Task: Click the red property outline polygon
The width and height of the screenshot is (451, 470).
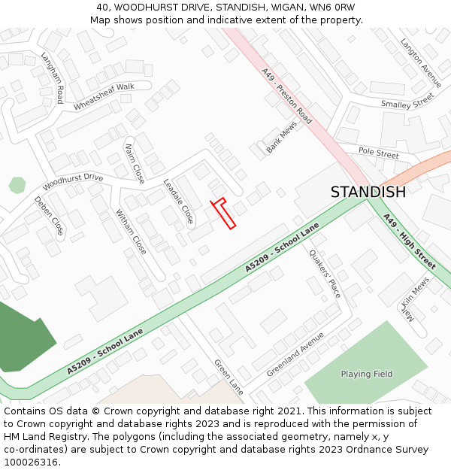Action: click(x=224, y=214)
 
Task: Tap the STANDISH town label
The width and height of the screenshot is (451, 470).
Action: click(x=368, y=192)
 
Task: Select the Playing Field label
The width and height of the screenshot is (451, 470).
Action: click(x=366, y=374)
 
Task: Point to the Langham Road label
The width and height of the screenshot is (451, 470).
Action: click(x=53, y=77)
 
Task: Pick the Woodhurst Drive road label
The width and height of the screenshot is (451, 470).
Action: click(x=72, y=181)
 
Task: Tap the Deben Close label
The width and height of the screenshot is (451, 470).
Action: click(x=49, y=216)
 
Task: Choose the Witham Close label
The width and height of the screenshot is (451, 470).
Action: click(x=131, y=231)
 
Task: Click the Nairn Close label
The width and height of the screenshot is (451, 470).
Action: click(x=135, y=163)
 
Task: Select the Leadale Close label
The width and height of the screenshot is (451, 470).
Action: click(x=179, y=202)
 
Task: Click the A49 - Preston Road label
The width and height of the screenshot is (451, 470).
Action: click(x=287, y=96)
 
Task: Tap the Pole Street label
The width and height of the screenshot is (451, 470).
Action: click(x=378, y=153)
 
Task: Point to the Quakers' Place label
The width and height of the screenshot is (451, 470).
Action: click(x=325, y=273)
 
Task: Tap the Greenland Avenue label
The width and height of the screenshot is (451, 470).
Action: click(x=295, y=359)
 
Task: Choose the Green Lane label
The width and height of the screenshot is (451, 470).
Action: click(x=229, y=377)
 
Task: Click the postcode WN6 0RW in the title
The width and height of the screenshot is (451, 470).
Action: click(x=329, y=7)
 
